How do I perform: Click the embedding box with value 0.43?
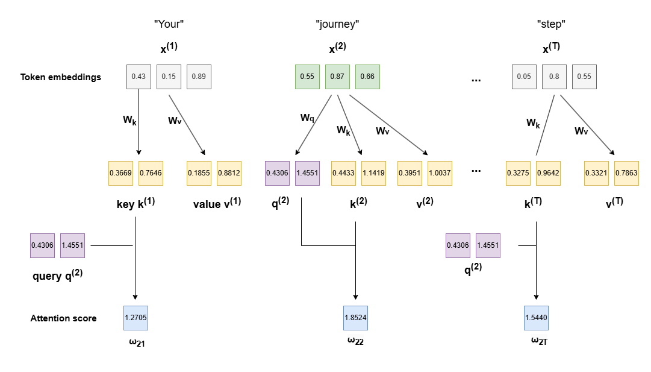click(x=139, y=77)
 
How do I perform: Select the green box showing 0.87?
click(x=337, y=77)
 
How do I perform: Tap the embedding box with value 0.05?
click(x=524, y=77)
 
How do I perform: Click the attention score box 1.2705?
click(x=135, y=318)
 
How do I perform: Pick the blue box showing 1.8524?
click(x=355, y=318)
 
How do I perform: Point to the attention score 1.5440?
click(x=536, y=318)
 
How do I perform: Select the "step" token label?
click(x=551, y=25)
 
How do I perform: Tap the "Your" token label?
click(x=169, y=25)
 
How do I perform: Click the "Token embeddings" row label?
click(x=61, y=77)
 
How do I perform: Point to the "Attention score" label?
click(x=63, y=318)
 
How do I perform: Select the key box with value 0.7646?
click(x=151, y=173)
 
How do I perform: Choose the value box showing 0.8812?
click(x=229, y=173)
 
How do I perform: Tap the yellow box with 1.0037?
click(x=440, y=173)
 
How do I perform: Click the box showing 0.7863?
click(x=626, y=173)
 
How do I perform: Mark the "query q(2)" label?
click(x=57, y=277)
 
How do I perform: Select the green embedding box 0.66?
click(x=367, y=77)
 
